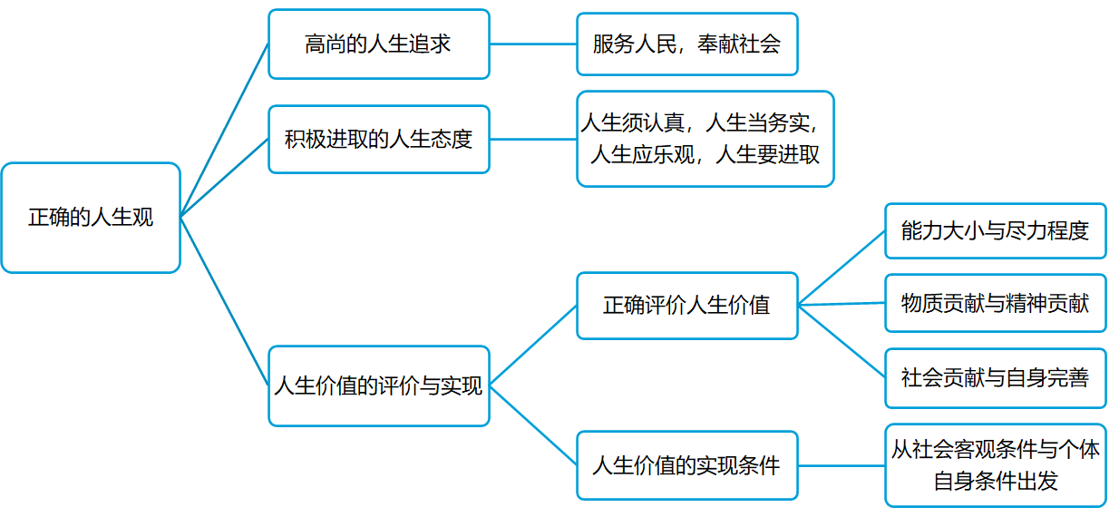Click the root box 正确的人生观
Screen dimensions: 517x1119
tap(91, 218)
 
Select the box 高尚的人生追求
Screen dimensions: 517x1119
tap(378, 44)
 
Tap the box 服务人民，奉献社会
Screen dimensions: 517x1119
tap(686, 44)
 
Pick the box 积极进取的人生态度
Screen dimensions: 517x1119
tap(378, 140)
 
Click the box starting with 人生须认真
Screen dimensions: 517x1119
tap(705, 139)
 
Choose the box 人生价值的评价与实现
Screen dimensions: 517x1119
tap(378, 385)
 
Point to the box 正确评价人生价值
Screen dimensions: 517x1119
tap(686, 306)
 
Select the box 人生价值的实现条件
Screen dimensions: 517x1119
tap(686, 465)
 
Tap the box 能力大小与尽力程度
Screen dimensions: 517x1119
tap(995, 230)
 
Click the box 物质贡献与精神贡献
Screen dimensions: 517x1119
tap(995, 303)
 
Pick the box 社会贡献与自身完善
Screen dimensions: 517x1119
tap(995, 377)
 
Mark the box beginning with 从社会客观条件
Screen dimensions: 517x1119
tap(995, 464)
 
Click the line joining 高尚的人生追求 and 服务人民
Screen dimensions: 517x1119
tap(533, 44)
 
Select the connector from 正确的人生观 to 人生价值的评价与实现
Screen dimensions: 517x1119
tap(225, 301)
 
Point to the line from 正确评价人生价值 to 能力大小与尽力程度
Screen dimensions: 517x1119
tap(842, 268)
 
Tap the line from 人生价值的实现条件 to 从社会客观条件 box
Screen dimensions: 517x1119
tap(842, 465)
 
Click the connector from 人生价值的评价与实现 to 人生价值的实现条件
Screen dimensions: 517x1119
tap(533, 425)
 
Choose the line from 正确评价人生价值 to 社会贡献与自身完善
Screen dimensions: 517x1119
tap(842, 341)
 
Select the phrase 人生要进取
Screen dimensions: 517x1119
tap(767, 155)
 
